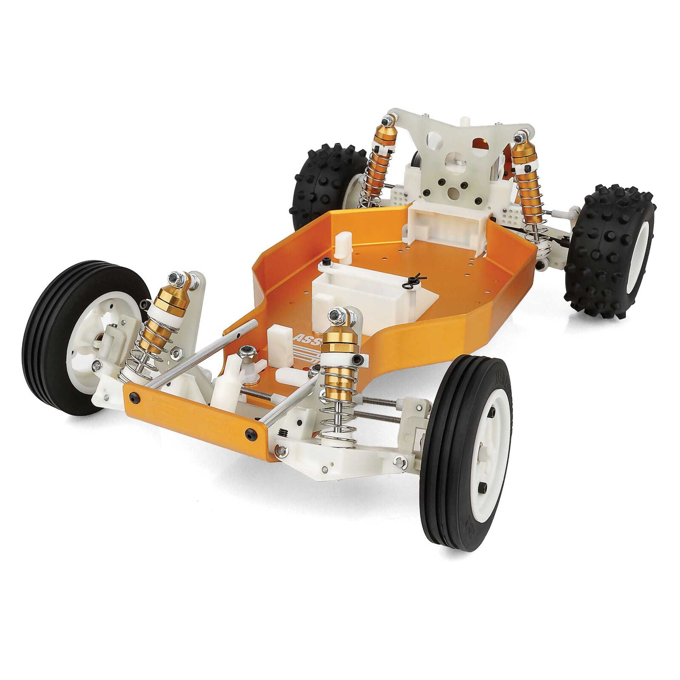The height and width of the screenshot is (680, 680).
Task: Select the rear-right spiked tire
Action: point(612,251)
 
